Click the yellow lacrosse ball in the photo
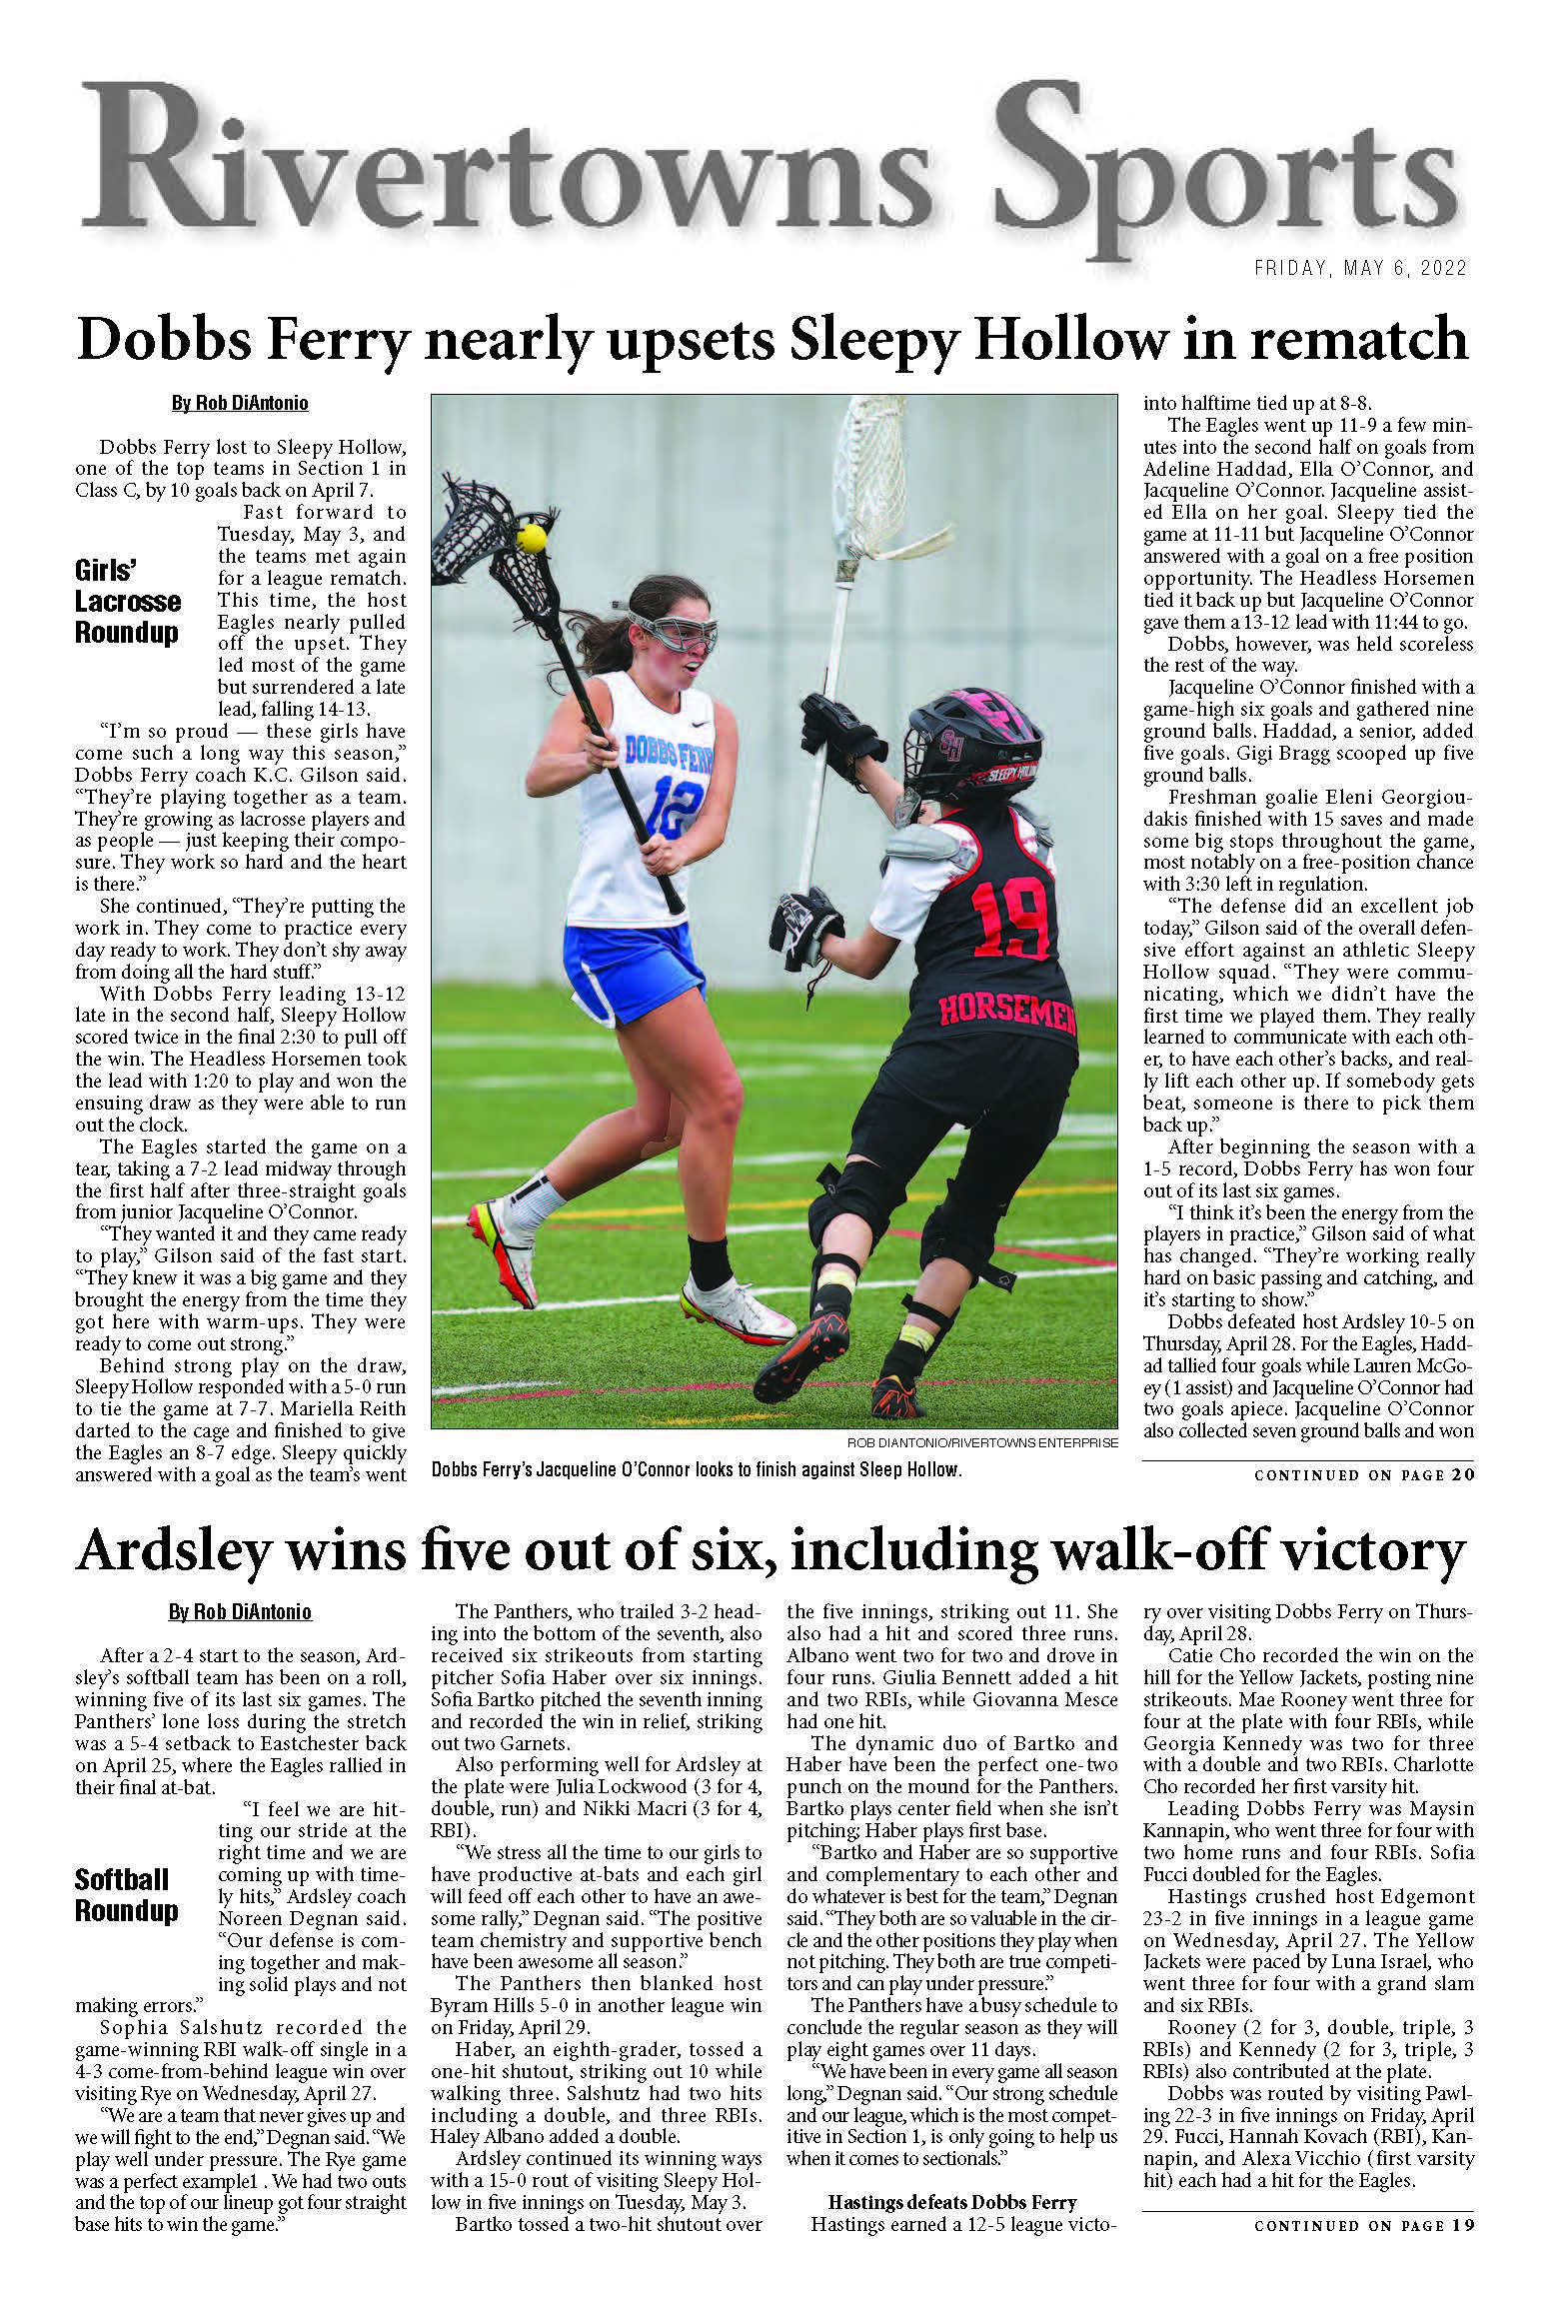click(x=532, y=538)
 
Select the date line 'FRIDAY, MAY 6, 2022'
click(x=1360, y=268)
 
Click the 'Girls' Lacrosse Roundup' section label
click(x=127, y=602)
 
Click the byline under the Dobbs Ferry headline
click(x=240, y=403)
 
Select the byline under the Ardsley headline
click(x=240, y=1611)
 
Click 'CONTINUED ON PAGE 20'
click(x=1364, y=1474)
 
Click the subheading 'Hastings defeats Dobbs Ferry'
click(x=951, y=2202)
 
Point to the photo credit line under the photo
click(x=982, y=1442)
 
